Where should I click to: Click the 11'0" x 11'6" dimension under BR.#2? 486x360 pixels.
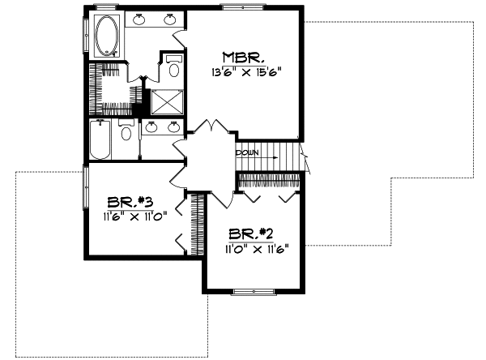tap(257, 249)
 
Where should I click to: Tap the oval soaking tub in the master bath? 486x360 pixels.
tap(106, 35)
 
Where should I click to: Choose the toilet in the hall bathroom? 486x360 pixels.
tap(126, 131)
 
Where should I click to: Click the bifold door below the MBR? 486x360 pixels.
tap(210, 129)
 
